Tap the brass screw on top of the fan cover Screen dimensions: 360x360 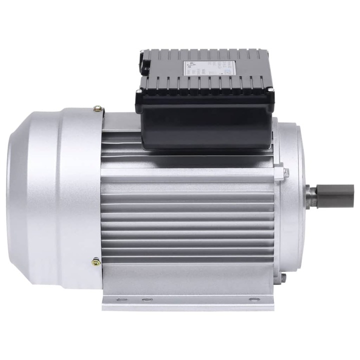(98, 108)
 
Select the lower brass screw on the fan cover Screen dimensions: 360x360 (95, 261)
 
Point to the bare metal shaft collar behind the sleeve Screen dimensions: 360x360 (311, 196)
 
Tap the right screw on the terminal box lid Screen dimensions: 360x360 (271, 90)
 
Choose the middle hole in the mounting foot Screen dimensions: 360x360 (147, 300)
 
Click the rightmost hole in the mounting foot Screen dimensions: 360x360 (251, 300)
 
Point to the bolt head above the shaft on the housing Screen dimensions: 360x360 (286, 173)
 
